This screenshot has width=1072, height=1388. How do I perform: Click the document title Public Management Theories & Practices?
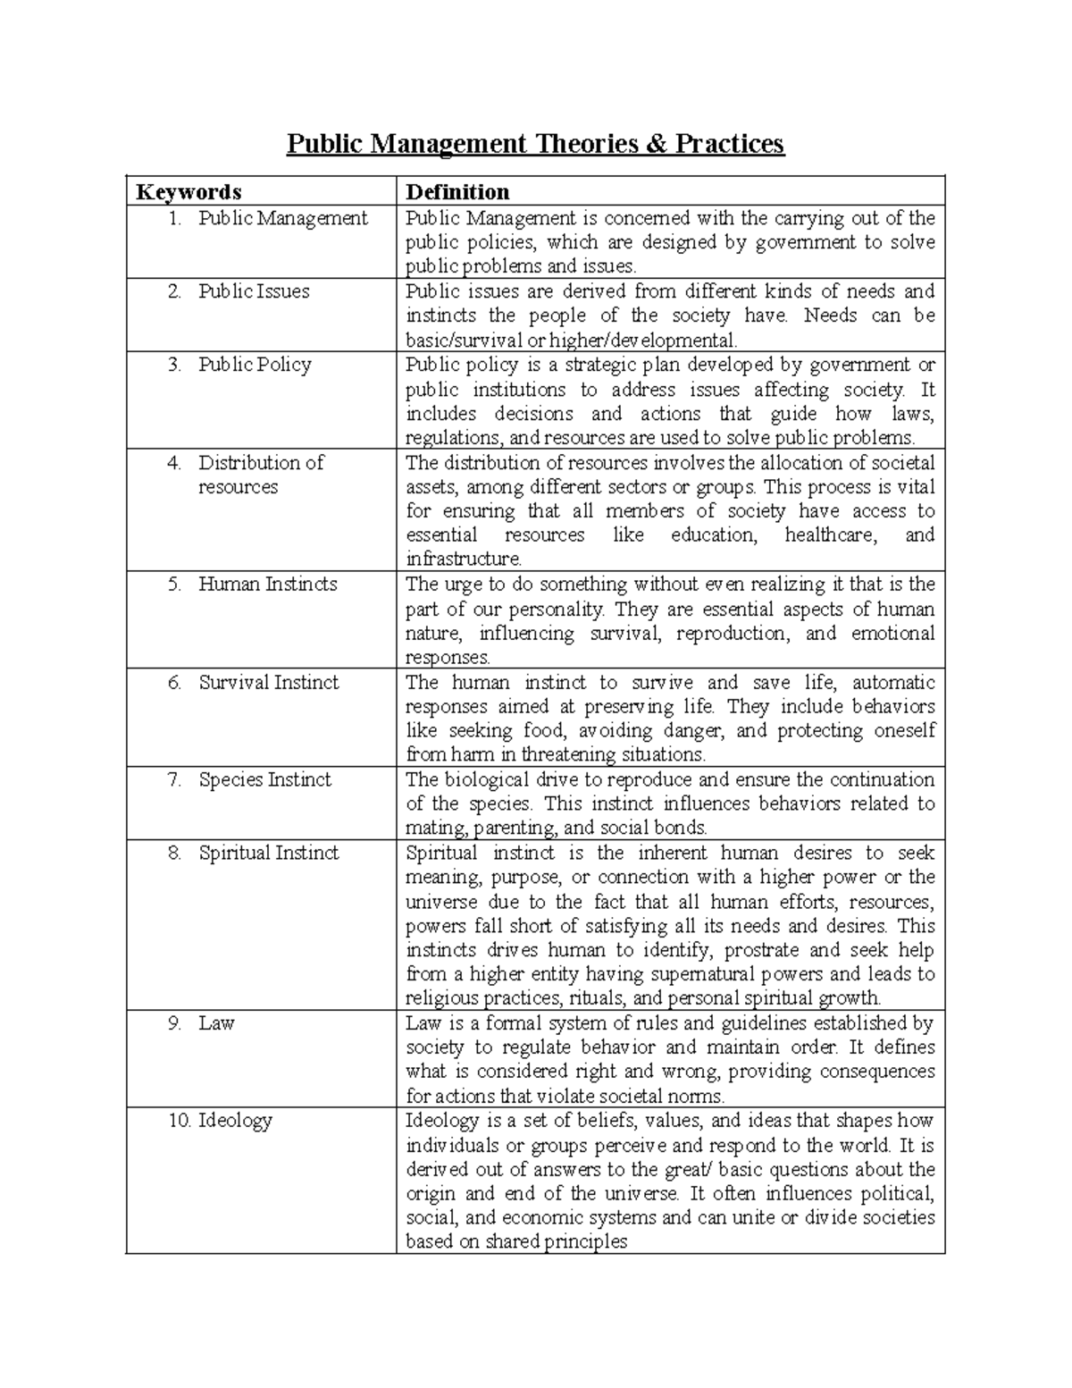[535, 144]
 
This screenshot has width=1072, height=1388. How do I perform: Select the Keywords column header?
[188, 192]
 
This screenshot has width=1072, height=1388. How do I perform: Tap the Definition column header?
[456, 192]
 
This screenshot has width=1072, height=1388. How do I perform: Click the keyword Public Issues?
[254, 291]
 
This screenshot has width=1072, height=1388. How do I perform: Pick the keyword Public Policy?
[255, 365]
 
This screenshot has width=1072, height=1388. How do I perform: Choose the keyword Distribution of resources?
[260, 475]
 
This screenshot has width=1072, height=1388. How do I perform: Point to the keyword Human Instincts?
[267, 585]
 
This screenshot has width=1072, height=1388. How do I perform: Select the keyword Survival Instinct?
[268, 683]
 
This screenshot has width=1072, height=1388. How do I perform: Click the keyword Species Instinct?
[264, 780]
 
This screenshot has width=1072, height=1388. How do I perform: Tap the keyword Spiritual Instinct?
[268, 854]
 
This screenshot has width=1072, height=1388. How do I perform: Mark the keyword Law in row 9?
[216, 1023]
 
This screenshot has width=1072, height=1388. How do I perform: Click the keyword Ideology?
[235, 1121]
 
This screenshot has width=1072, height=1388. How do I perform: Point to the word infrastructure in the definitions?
[463, 559]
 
